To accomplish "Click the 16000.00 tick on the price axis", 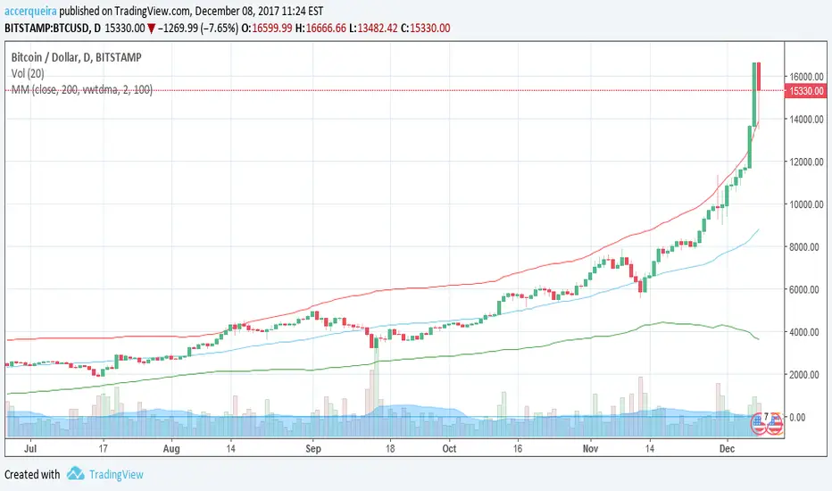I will pos(806,77).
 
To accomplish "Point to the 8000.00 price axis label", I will pos(806,246).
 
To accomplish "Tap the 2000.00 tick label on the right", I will pos(806,374).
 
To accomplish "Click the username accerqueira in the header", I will pos(35,11).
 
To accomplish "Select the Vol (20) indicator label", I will pos(29,73).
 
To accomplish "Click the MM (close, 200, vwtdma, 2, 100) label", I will pos(81,89).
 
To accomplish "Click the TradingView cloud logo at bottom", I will pos(76,474).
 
